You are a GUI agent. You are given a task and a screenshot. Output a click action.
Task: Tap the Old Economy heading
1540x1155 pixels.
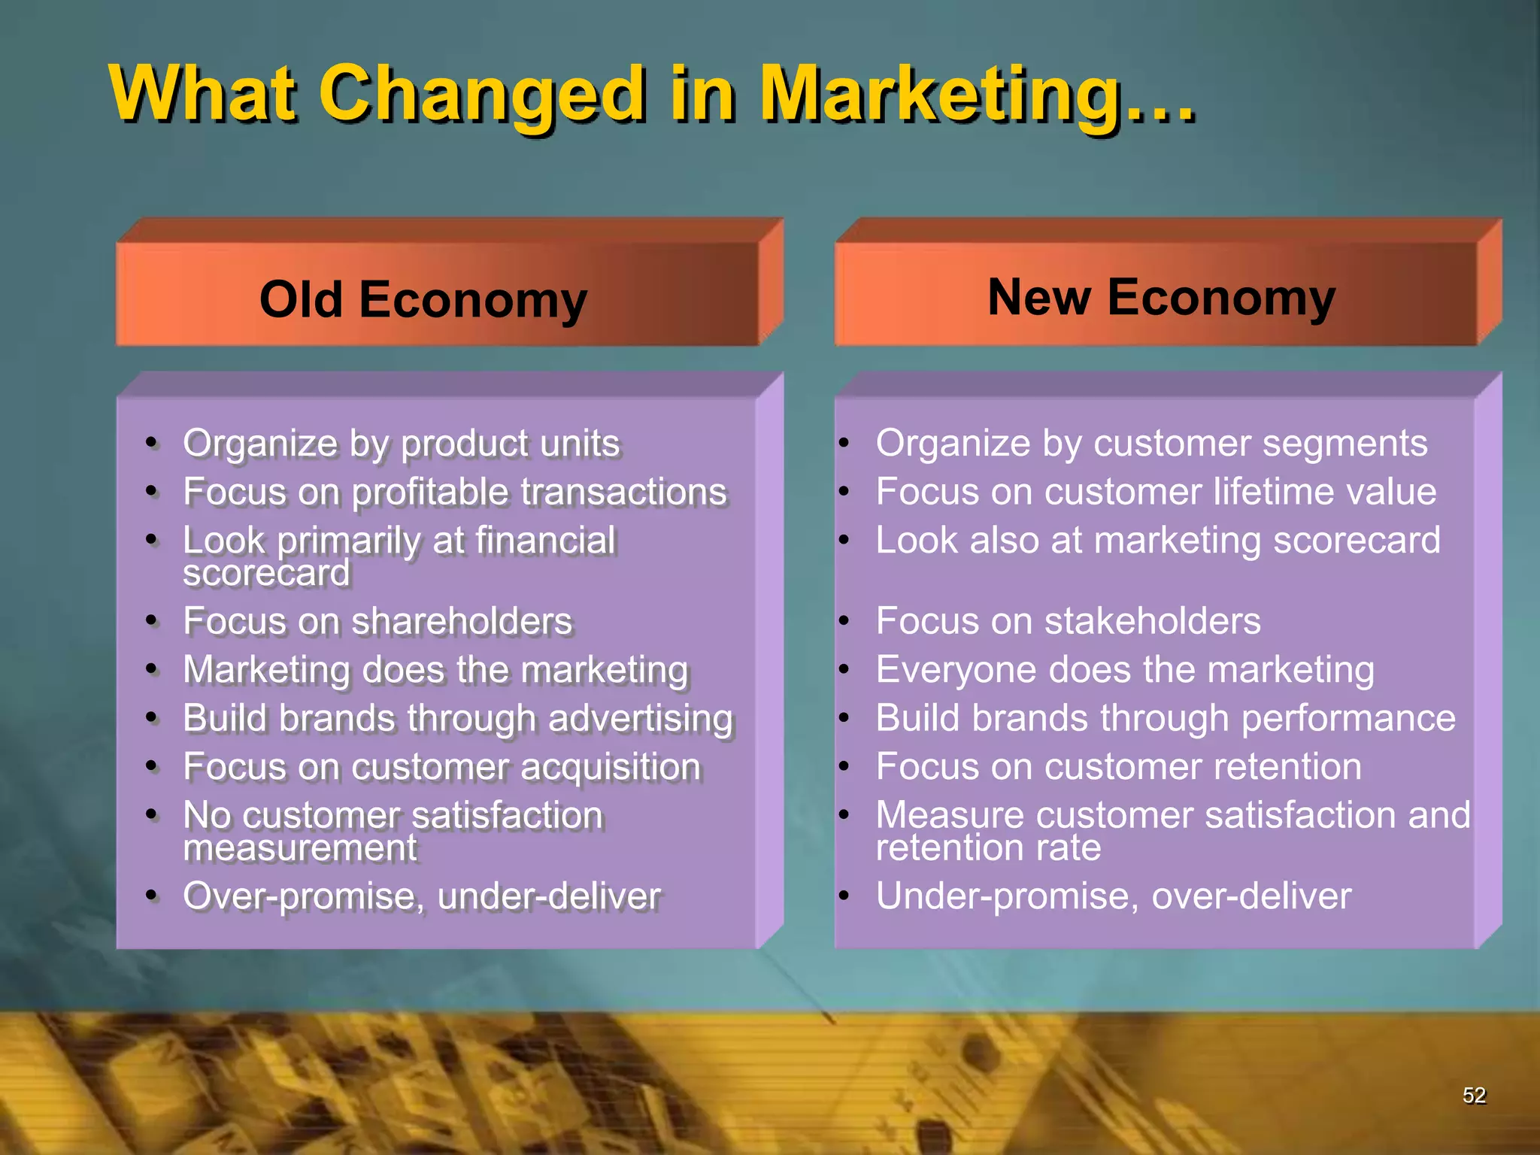tap(423, 299)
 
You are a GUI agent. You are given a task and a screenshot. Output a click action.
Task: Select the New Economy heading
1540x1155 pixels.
tap(1161, 297)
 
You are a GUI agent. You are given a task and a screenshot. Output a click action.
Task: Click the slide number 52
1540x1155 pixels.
tap(1474, 1096)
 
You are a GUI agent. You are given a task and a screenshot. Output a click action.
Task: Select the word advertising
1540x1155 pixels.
tap(640, 719)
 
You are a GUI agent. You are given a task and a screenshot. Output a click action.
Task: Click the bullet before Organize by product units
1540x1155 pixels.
tap(152, 443)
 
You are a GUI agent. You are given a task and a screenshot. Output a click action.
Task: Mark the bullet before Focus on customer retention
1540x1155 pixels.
tap(844, 766)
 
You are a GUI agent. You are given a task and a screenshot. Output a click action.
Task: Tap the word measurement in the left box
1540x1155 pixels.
tap(299, 849)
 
